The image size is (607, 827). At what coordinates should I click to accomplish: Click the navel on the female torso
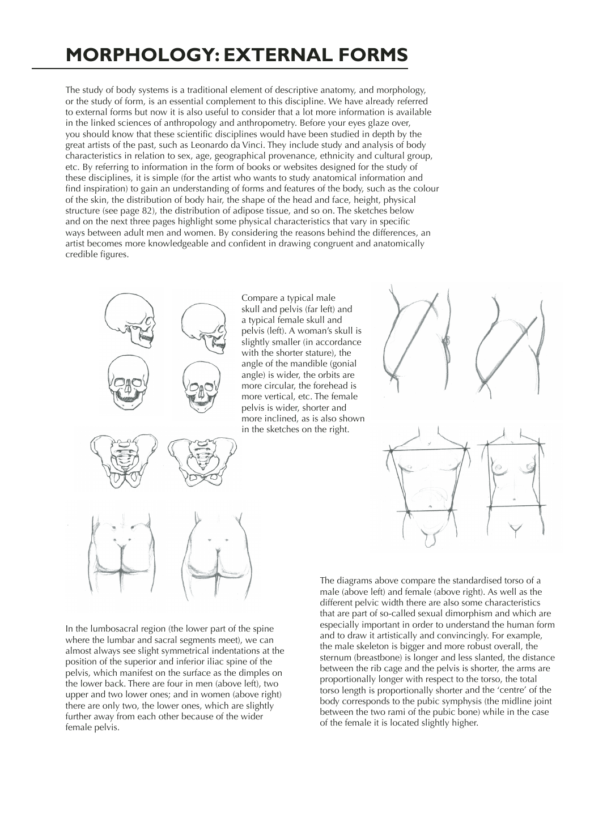click(513, 500)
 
